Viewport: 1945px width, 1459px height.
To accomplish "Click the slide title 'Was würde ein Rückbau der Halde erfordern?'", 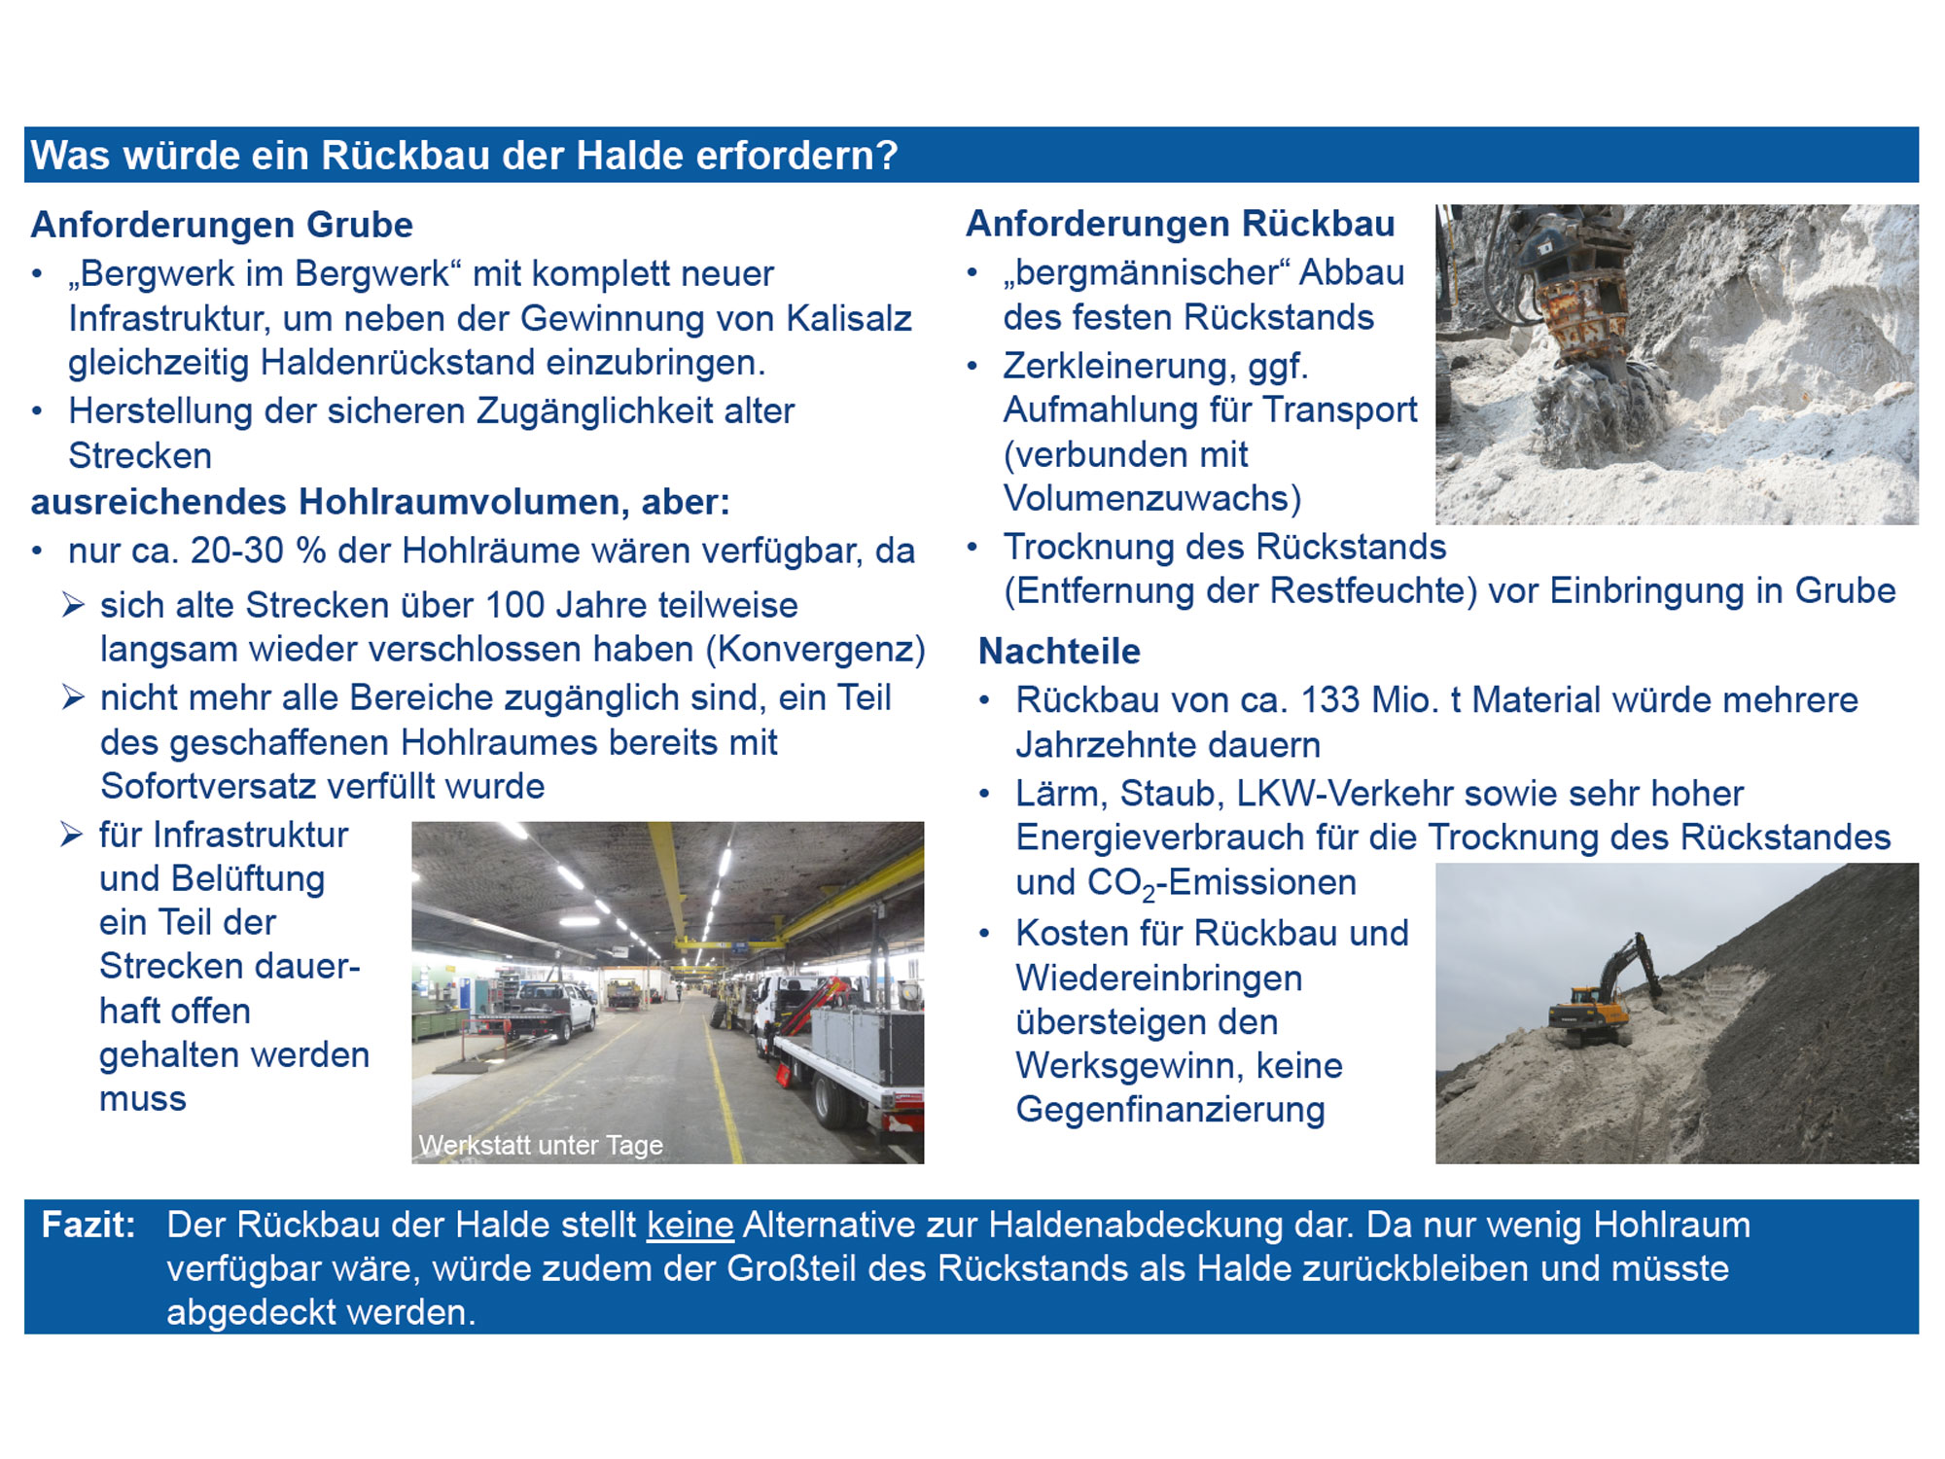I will [x=464, y=156].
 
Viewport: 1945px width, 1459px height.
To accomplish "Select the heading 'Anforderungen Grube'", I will [x=222, y=225].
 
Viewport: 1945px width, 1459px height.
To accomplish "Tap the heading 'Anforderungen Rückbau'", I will [x=1180, y=224].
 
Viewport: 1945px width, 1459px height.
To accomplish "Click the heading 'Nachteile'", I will [x=1059, y=651].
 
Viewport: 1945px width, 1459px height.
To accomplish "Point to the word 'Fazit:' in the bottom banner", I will [x=88, y=1225].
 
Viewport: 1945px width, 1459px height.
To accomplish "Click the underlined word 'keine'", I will [x=690, y=1225].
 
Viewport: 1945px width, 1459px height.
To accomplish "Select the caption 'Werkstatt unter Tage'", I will [x=541, y=1145].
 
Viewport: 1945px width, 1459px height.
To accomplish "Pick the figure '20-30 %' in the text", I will [x=258, y=551].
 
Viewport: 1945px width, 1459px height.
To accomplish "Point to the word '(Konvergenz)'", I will [x=815, y=650].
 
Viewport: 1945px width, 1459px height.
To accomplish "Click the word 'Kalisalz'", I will [x=849, y=318].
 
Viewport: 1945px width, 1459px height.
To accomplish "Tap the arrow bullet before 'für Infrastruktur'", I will [x=72, y=835].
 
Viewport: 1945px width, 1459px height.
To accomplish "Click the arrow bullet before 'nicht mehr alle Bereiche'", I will [x=73, y=697].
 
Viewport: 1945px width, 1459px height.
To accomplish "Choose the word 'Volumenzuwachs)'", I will [x=1152, y=498].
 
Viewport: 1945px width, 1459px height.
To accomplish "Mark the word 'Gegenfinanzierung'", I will [x=1170, y=1110].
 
